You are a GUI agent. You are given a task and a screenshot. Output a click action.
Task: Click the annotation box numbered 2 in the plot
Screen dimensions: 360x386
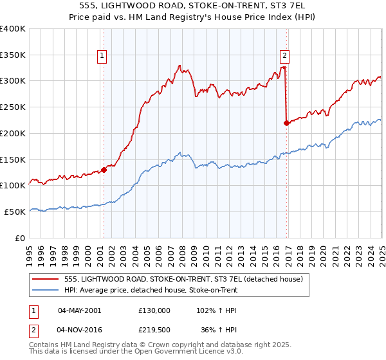pos(284,55)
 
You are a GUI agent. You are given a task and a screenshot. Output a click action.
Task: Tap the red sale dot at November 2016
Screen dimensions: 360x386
pos(286,123)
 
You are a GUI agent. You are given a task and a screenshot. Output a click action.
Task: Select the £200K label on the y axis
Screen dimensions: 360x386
pos(13,134)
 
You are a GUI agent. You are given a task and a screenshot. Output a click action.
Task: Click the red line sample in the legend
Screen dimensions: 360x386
pos(46,278)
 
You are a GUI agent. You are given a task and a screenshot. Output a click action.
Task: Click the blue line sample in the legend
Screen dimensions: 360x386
pos(46,290)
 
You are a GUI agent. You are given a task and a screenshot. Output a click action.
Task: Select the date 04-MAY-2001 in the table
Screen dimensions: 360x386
pos(79,310)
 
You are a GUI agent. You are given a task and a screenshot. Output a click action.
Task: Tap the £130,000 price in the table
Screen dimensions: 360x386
pos(154,310)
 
